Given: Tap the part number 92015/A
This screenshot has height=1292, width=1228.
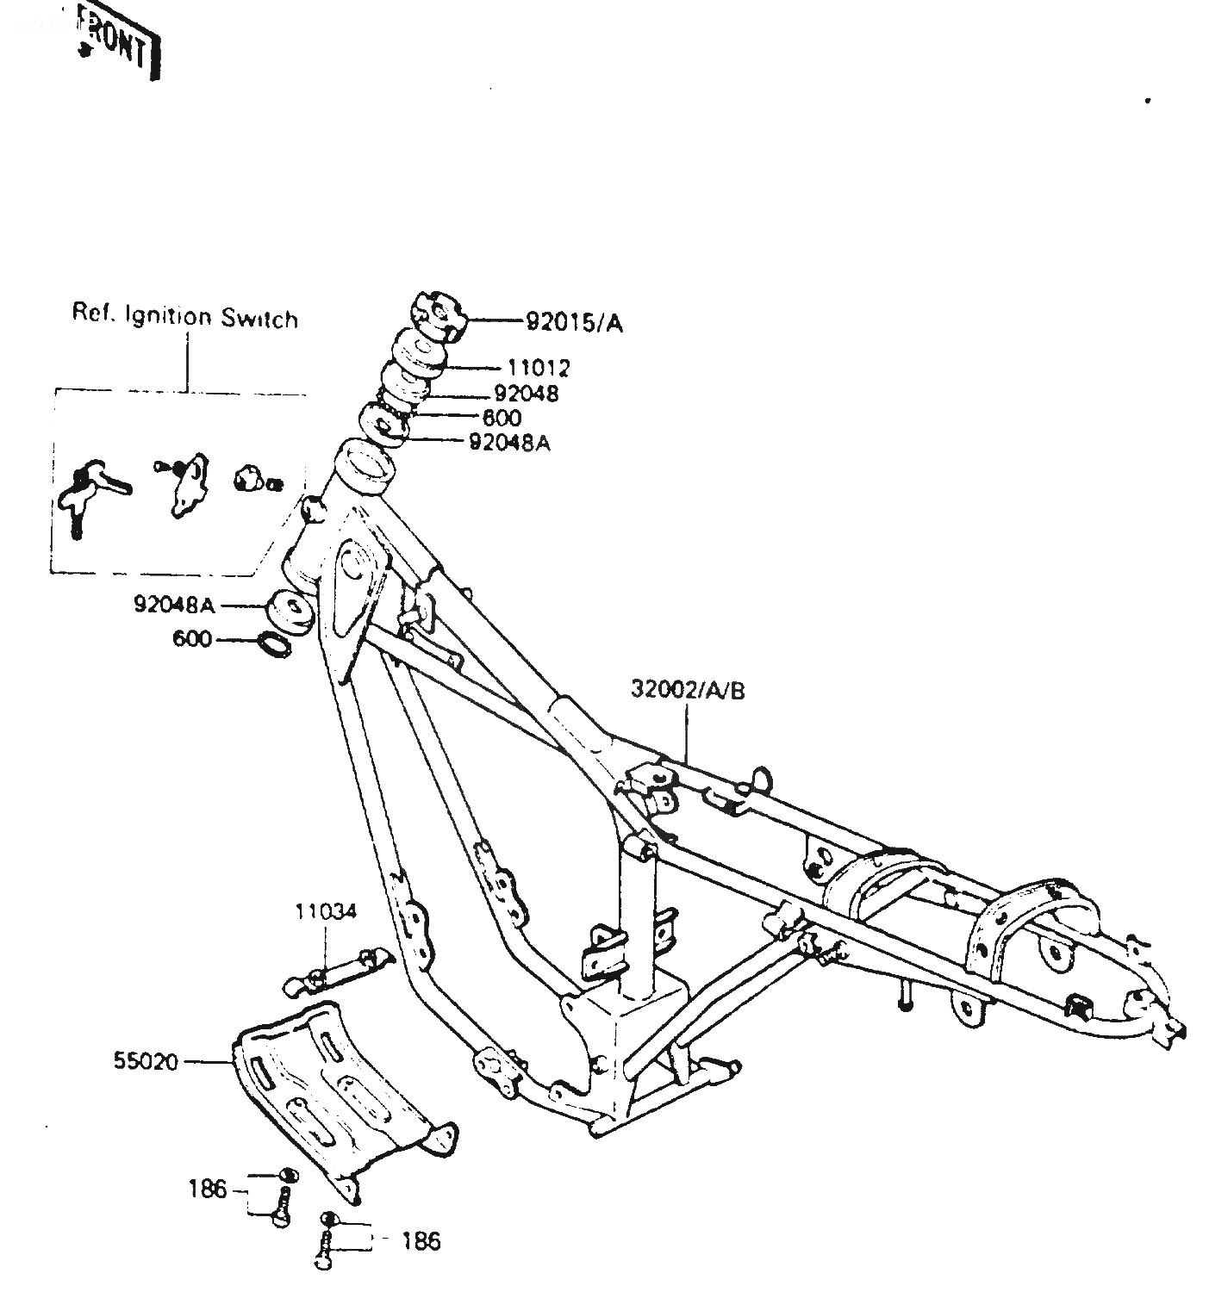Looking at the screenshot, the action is (x=574, y=323).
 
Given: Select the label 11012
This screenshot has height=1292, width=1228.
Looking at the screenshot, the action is (x=539, y=368).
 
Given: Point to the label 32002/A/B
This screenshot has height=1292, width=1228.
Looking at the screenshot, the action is (x=688, y=690).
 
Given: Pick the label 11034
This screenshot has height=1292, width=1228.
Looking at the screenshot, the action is (x=326, y=911).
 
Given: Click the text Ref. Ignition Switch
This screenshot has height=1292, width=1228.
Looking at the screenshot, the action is (x=184, y=317).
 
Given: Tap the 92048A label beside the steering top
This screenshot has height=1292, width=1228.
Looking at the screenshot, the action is (x=510, y=443).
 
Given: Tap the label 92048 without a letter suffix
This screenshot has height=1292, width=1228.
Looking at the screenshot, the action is (x=527, y=393).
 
